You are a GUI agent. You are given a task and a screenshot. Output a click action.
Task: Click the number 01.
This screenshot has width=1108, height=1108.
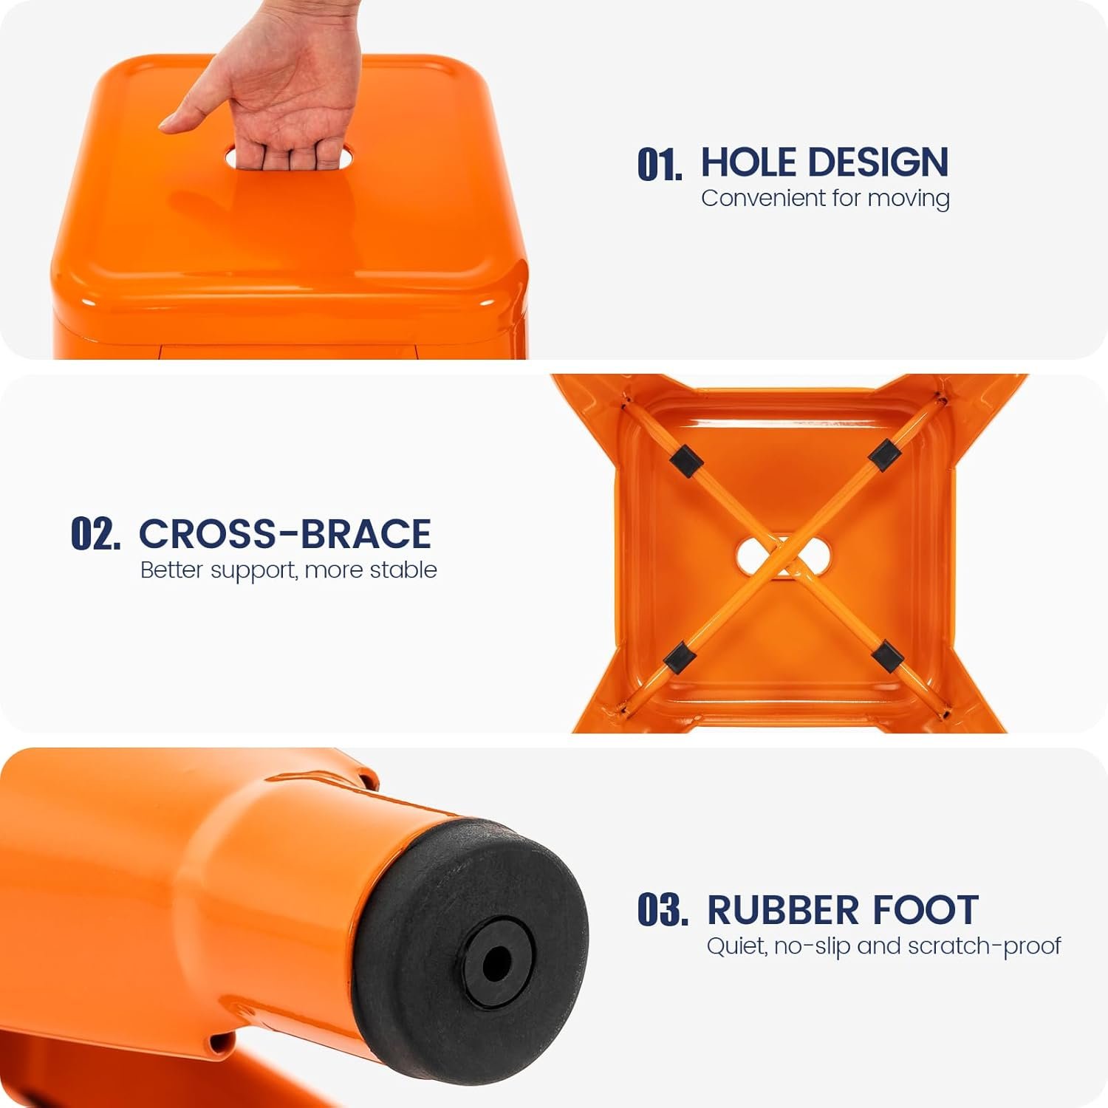click(660, 164)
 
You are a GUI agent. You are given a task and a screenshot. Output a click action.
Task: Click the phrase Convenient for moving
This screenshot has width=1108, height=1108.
click(825, 199)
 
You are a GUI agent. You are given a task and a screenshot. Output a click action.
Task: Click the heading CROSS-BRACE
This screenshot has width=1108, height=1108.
click(285, 533)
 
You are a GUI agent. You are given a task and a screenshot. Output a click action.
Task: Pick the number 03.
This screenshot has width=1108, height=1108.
click(663, 910)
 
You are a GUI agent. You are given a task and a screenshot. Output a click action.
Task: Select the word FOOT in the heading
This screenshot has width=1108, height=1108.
click(924, 910)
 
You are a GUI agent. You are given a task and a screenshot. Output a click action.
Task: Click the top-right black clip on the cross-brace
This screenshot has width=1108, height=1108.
click(883, 455)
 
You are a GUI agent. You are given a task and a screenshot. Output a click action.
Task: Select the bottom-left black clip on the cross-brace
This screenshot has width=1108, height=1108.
click(680, 657)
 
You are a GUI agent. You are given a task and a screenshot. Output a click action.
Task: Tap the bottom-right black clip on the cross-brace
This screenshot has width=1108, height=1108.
click(887, 656)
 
